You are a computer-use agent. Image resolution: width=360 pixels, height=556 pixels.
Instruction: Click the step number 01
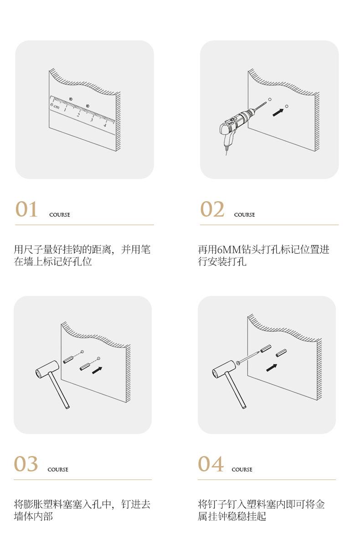pyautogui.click(x=26, y=209)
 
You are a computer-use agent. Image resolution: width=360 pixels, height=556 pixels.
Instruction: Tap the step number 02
pyautogui.click(x=212, y=209)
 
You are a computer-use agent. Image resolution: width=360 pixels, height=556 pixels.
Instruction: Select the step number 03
pyautogui.click(x=26, y=464)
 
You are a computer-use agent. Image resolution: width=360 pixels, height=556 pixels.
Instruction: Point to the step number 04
pyautogui.click(x=211, y=464)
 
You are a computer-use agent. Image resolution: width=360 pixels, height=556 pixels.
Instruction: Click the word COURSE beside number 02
pyautogui.click(x=244, y=215)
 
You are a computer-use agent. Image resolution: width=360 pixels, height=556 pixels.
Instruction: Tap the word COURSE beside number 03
pyautogui.click(x=58, y=469)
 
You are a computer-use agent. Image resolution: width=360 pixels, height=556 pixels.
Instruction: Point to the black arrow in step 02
pyautogui.click(x=278, y=112)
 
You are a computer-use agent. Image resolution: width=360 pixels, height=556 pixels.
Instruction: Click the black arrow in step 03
pyautogui.click(x=97, y=370)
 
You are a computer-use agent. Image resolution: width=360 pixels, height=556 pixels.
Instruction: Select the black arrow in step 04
pyautogui.click(x=272, y=368)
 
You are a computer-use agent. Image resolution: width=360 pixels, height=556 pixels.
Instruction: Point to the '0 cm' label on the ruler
pyautogui.click(x=55, y=105)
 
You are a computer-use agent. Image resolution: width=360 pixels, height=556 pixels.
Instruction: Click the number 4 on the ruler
pyautogui.click(x=105, y=125)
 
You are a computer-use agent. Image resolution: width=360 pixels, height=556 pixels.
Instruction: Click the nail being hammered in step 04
pyautogui.click(x=248, y=357)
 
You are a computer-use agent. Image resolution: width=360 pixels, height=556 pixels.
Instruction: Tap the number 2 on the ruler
pyautogui.click(x=78, y=115)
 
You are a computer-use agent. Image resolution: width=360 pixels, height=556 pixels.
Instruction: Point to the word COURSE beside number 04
pyautogui.click(x=242, y=469)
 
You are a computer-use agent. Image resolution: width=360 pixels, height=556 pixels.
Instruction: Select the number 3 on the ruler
pyautogui.click(x=92, y=120)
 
